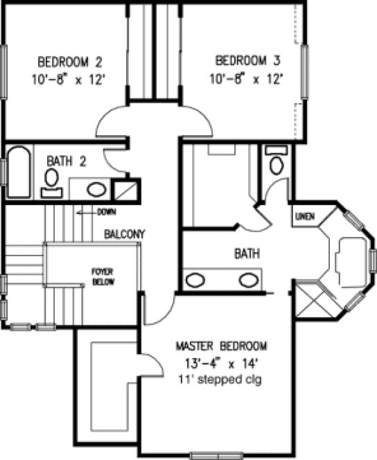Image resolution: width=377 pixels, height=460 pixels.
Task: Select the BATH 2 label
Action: coord(66,161)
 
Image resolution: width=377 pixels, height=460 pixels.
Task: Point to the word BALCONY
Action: coord(124,235)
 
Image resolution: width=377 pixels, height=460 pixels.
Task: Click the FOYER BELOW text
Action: coord(103,277)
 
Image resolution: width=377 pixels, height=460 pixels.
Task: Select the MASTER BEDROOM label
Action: coord(221,346)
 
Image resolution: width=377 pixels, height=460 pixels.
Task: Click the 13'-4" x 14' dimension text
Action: coord(221,362)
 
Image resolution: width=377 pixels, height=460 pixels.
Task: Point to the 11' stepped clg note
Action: coord(221,380)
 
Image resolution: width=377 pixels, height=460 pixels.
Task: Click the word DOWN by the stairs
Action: coord(106,211)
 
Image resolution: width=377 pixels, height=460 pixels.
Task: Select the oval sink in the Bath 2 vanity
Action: coord(98,188)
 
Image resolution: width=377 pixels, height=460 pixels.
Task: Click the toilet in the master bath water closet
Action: coord(277,164)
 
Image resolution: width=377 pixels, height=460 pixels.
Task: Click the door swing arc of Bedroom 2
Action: coord(112,121)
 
